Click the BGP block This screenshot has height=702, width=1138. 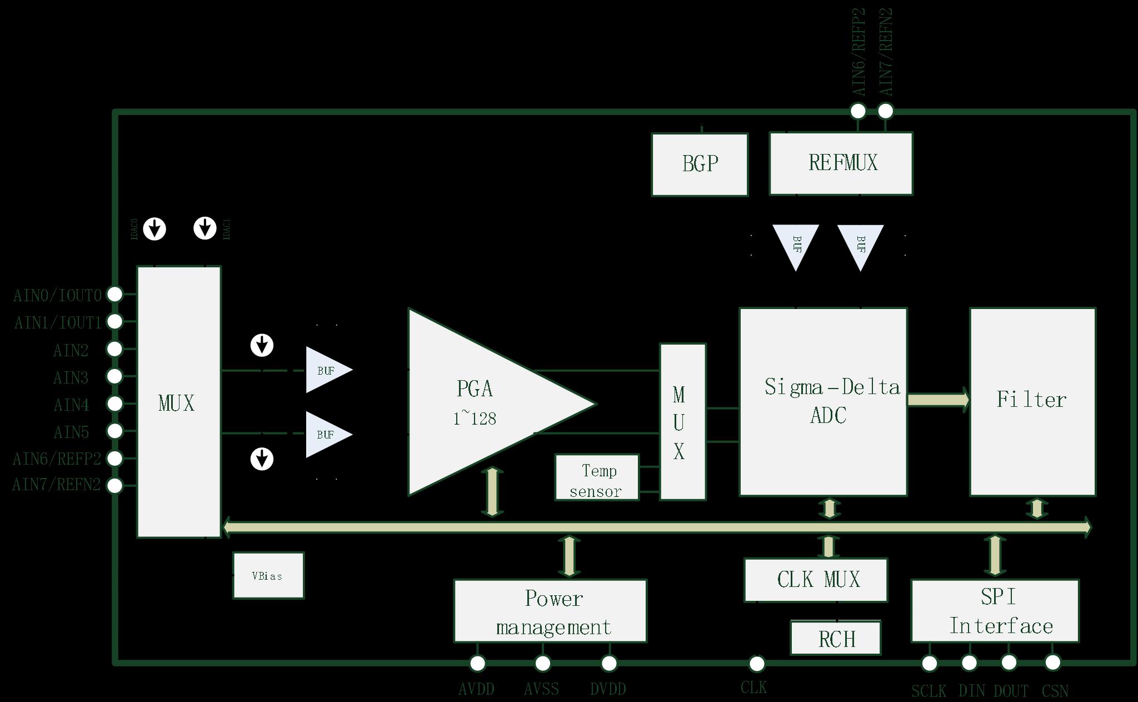700,164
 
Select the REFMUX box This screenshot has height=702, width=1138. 841,163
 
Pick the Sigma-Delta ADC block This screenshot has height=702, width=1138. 823,401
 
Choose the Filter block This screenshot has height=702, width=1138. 1032,401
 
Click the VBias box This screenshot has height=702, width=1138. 268,575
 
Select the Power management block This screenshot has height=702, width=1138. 550,611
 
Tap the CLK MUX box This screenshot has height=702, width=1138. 816,580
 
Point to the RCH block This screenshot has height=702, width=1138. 836,639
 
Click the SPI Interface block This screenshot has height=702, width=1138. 995,611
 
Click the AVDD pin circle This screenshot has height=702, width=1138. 477,663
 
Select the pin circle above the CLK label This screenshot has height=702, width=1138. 757,663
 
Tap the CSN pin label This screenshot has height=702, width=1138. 1055,691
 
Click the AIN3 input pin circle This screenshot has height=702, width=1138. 114,376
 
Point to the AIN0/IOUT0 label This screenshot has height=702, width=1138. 58,295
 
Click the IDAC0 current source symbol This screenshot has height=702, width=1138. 154,228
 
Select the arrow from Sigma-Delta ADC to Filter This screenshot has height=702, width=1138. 938,400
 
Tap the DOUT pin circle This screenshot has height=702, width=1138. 1009,663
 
